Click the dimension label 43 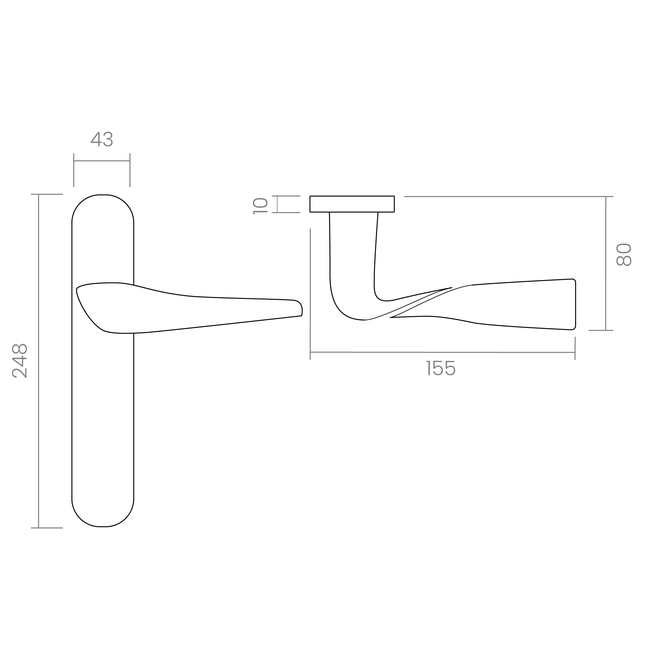pyautogui.click(x=102, y=139)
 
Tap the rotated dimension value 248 pyautogui.click(x=20, y=360)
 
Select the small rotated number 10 pyautogui.click(x=260, y=206)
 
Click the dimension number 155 pyautogui.click(x=441, y=368)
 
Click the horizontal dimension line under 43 pyautogui.click(x=102, y=161)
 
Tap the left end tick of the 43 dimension pyautogui.click(x=74, y=170)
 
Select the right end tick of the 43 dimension pyautogui.click(x=130, y=170)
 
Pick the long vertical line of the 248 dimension pyautogui.click(x=39, y=360)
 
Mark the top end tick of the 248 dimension pyautogui.click(x=47, y=194)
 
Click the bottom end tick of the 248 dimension pyautogui.click(x=47, y=528)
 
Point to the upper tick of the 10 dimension pyautogui.click(x=288, y=196)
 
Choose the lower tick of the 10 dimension pyautogui.click(x=288, y=213)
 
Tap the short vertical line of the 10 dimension pyautogui.click(x=277, y=204)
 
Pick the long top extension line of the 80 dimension pyautogui.click(x=505, y=196)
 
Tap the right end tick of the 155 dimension pyautogui.click(x=575, y=348)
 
